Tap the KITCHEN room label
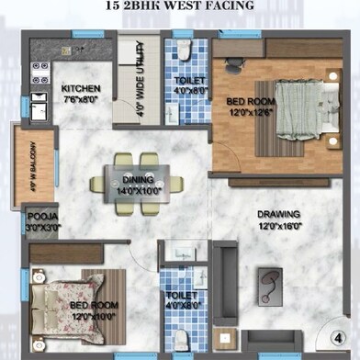pyautogui.click(x=81, y=89)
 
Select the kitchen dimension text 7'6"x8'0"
pyautogui.click(x=81, y=100)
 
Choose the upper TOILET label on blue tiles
pyautogui.click(x=189, y=81)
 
